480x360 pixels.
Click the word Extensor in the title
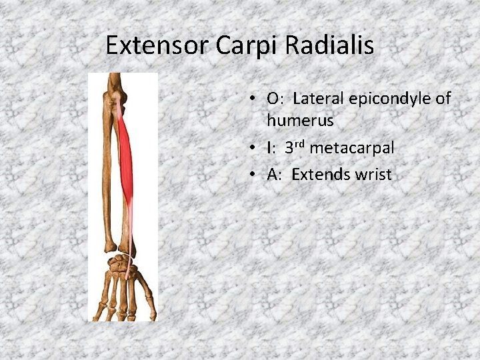tap(157, 46)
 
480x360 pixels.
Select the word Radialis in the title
tap(331, 46)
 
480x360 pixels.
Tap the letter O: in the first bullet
tap(275, 99)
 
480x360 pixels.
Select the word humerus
tap(299, 121)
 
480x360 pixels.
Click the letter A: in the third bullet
tap(275, 175)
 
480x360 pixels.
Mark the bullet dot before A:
tap(255, 175)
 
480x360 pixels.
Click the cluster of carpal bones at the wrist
tap(120, 265)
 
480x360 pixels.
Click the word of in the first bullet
tap(443, 99)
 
